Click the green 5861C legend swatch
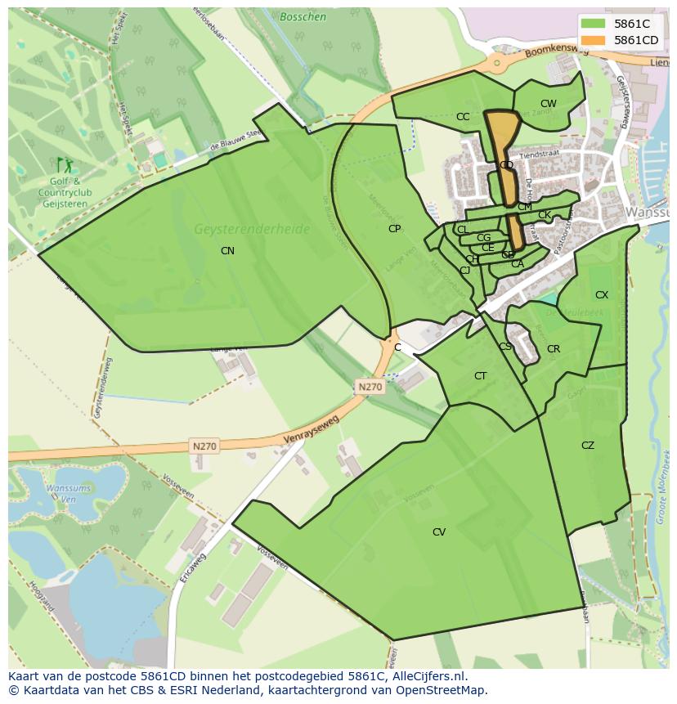click(594, 24)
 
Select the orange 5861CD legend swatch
click(594, 40)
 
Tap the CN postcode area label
click(227, 251)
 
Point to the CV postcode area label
click(439, 532)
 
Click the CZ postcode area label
click(588, 446)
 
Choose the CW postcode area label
click(548, 104)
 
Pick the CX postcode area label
click(602, 295)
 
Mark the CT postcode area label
click(481, 376)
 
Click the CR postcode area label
click(554, 349)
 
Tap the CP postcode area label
click(395, 229)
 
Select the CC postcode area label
click(463, 117)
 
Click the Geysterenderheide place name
click(252, 230)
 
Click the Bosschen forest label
click(303, 16)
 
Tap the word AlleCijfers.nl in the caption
click(428, 676)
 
